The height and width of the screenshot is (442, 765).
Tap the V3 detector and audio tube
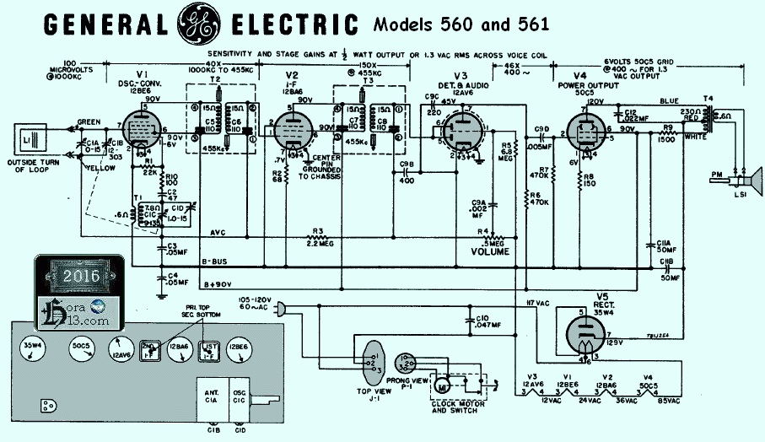[x=457, y=132]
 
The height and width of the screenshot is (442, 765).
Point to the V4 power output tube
[x=583, y=132]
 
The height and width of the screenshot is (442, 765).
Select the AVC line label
[x=218, y=233]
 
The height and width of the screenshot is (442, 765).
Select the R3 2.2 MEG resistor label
[x=319, y=235]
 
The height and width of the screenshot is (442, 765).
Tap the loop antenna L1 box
[x=24, y=137]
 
